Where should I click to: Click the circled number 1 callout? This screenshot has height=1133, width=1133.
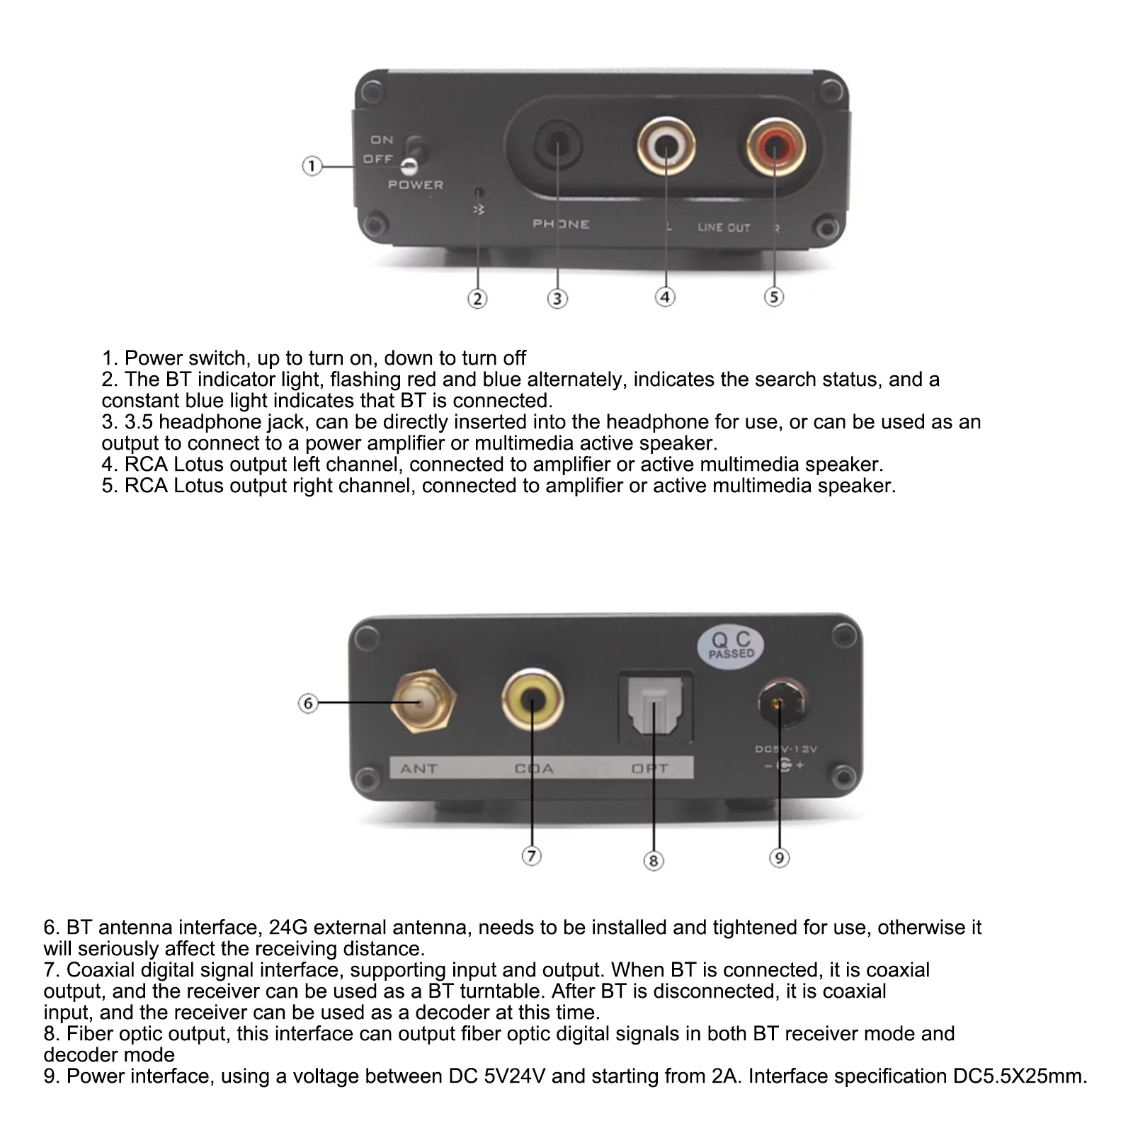pos(312,166)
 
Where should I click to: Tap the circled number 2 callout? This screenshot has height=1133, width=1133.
pos(477,299)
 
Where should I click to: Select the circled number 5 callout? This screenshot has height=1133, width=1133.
pos(774,297)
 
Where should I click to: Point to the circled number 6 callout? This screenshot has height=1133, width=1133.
pos(308,703)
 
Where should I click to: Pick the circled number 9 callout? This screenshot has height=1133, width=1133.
pos(779,858)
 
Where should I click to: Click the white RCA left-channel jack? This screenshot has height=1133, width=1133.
pos(666,147)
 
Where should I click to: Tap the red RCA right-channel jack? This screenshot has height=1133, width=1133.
pos(775,147)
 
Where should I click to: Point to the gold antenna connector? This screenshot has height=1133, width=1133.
pos(422,703)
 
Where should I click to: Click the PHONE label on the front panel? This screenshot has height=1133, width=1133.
pos(561,224)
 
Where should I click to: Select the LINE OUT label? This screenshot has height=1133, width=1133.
pos(724,227)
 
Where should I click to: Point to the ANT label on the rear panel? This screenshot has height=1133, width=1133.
pos(419,768)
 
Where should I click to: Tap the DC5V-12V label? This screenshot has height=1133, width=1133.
pos(785,749)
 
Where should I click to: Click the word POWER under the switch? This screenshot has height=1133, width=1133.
pos(416,185)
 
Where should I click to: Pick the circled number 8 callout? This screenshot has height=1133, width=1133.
pos(653,861)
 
